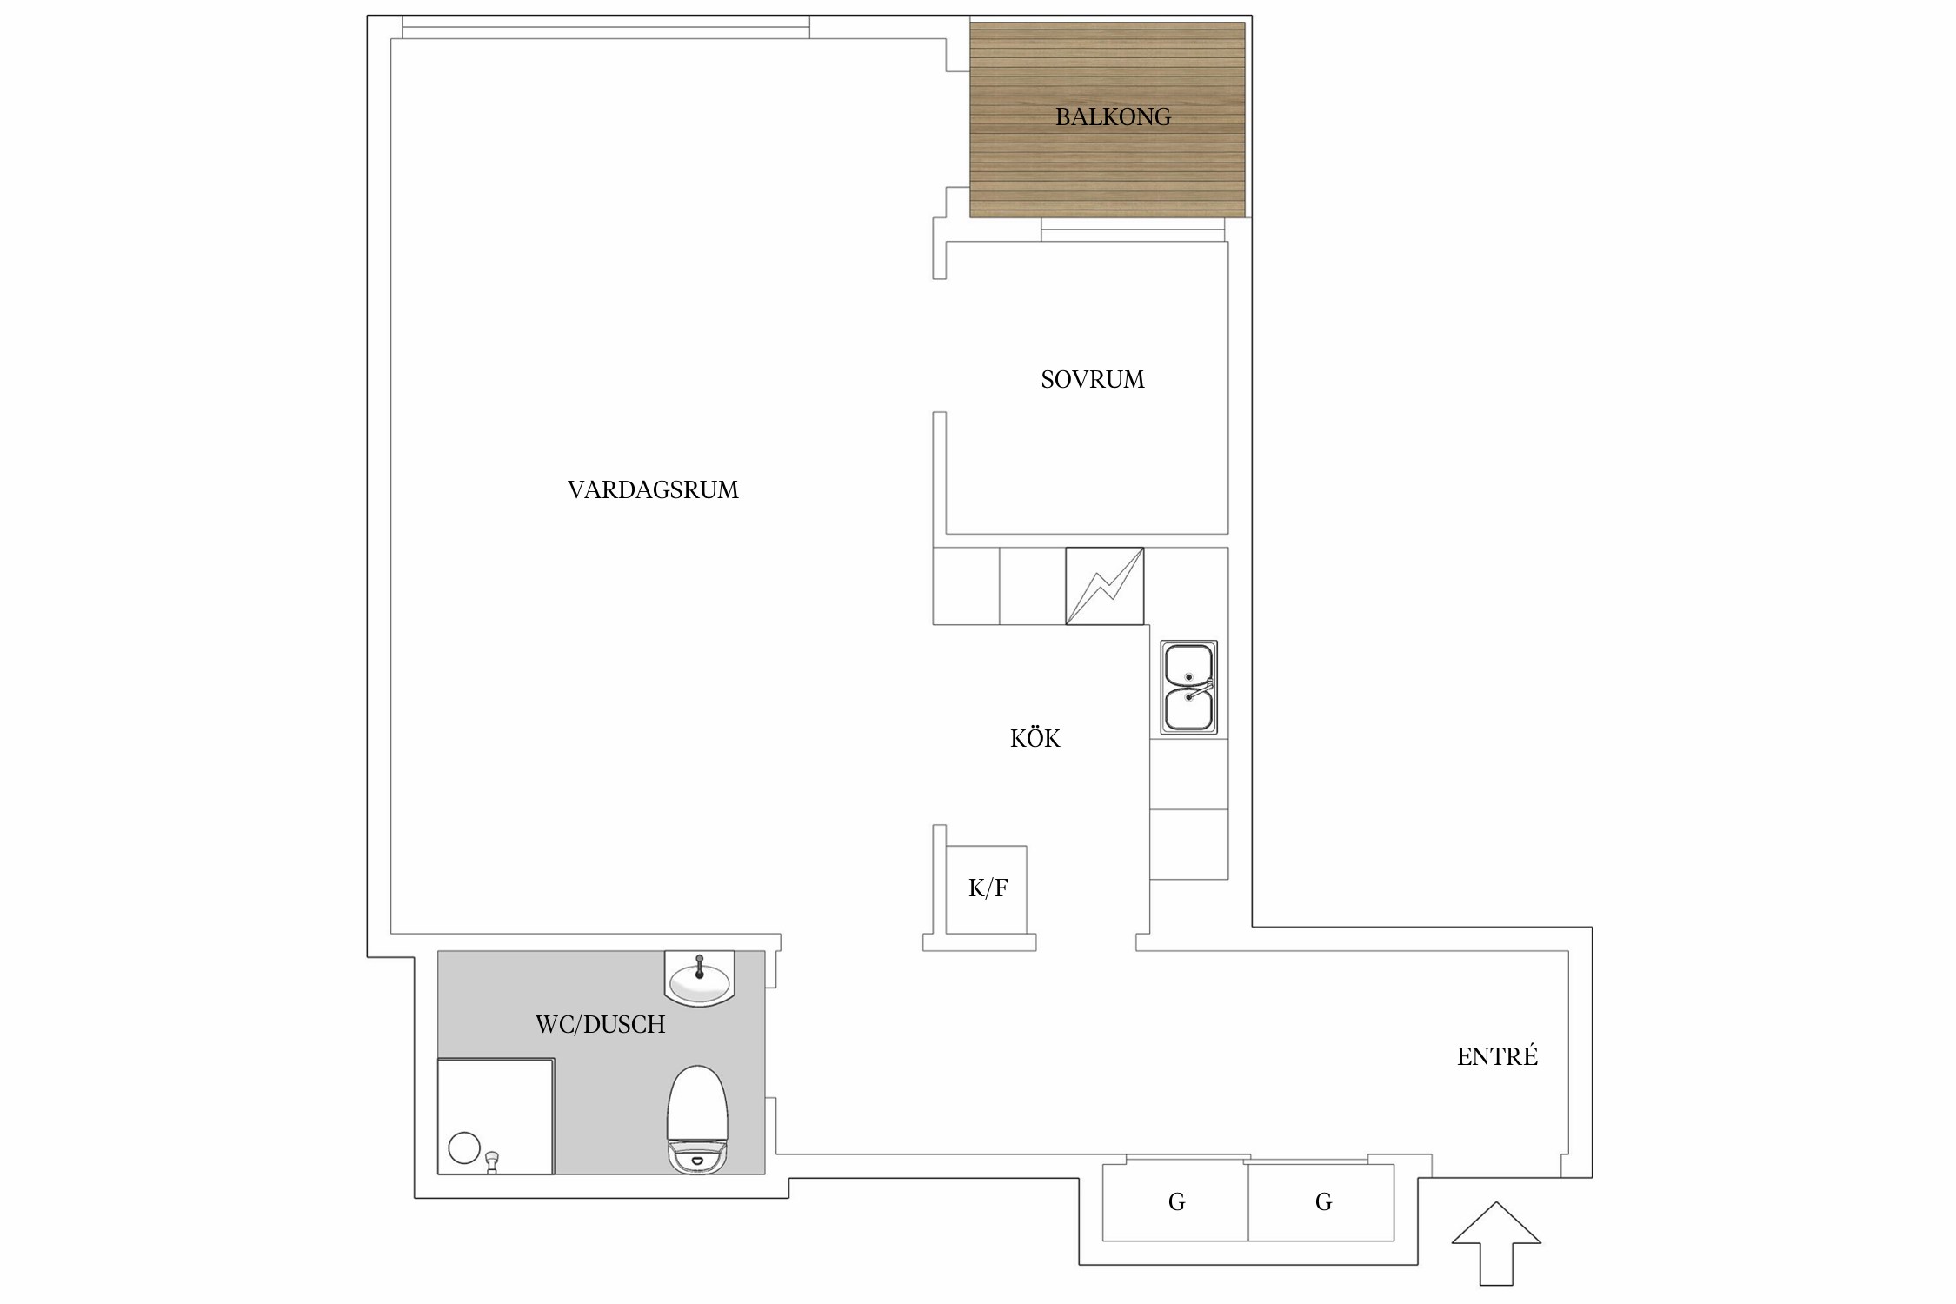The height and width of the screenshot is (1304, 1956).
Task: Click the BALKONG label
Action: (1113, 116)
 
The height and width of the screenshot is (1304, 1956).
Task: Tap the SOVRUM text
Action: (1093, 379)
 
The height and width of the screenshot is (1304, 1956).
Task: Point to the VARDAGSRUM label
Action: (653, 490)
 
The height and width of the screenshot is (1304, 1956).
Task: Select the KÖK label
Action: (1035, 737)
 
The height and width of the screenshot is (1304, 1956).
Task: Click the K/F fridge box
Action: (986, 888)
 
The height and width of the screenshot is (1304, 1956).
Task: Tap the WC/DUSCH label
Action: (600, 1024)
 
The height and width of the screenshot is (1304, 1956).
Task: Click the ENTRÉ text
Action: (1497, 1055)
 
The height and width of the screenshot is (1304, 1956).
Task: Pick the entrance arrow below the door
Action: (1496, 1243)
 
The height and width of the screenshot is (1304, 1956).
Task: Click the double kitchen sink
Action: (1188, 688)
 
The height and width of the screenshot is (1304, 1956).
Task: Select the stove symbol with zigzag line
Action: (1104, 586)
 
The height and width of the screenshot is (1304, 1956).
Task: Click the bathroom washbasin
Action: (700, 978)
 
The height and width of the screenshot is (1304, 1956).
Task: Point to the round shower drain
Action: (464, 1148)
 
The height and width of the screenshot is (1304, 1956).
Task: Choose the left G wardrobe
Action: (1175, 1202)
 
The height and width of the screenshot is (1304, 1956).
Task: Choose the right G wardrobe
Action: (1321, 1202)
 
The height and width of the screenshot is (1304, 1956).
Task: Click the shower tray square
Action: (496, 1116)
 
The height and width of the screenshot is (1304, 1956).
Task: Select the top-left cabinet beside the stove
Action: (966, 586)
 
